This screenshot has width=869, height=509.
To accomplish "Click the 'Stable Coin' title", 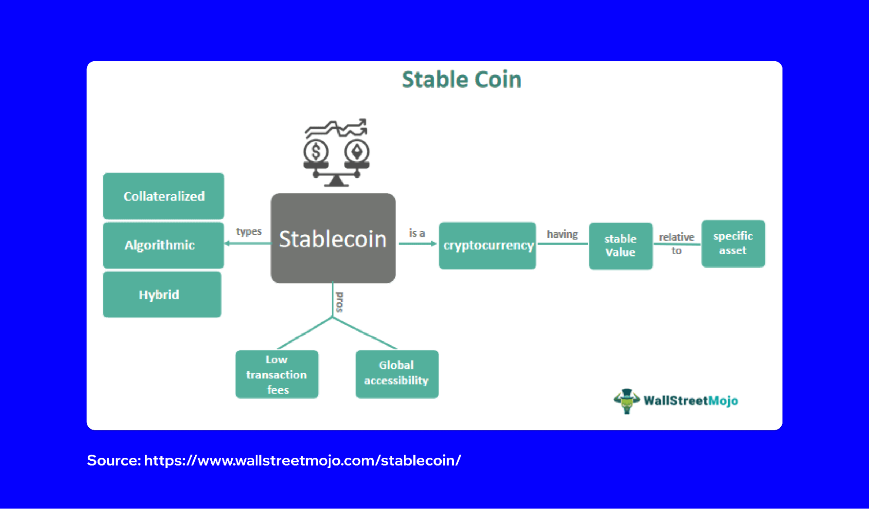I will click(461, 80).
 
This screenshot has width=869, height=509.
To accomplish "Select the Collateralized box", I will click(163, 196).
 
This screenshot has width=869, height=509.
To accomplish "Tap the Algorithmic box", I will click(163, 245).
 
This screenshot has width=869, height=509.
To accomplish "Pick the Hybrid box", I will click(162, 295).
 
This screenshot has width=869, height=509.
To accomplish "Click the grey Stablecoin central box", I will click(333, 239).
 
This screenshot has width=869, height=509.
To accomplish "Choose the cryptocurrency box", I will click(487, 246).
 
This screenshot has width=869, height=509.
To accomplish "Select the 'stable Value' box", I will click(620, 246).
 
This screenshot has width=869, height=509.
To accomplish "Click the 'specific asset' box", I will click(733, 243).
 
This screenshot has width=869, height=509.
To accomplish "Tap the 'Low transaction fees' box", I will click(277, 374).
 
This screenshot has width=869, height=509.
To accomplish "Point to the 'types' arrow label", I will click(249, 232).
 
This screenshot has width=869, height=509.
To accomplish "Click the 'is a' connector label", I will click(416, 233).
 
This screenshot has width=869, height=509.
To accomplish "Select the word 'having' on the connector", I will click(562, 235).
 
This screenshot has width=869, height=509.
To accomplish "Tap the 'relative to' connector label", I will click(676, 243).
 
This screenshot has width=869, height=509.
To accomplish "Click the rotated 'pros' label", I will click(340, 302).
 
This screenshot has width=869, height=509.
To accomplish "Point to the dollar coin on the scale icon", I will click(316, 152).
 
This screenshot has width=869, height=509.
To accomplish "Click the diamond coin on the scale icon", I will click(357, 152).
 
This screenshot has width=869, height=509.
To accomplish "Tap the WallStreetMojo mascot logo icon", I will click(626, 400).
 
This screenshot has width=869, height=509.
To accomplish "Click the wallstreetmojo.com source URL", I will click(303, 460).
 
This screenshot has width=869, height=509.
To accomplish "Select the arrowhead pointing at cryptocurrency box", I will click(433, 244).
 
